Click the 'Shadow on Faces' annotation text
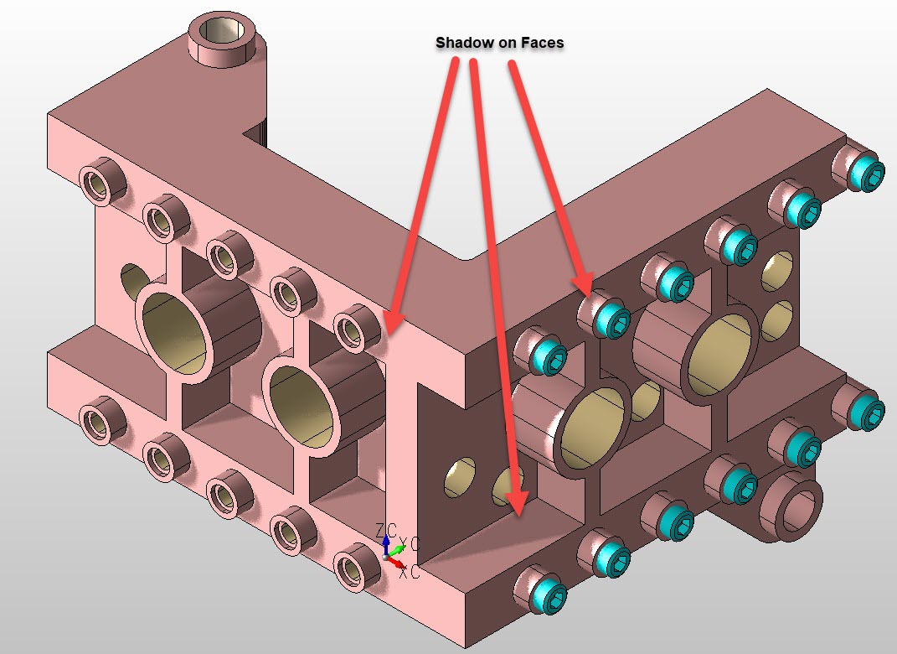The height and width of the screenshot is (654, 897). pos(499,43)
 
